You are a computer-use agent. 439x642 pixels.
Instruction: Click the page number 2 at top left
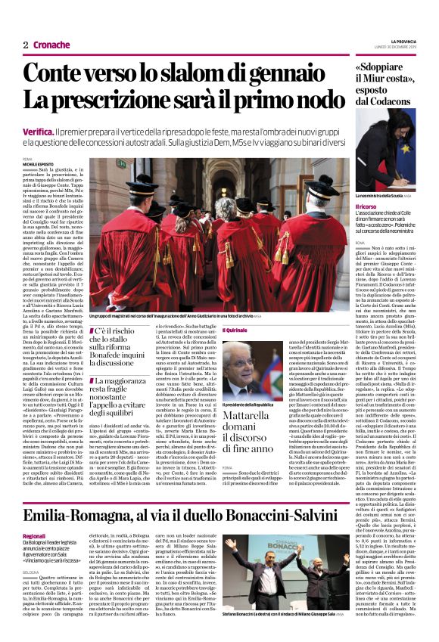pyautogui.click(x=25, y=45)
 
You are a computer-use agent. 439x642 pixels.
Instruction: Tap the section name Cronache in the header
pyautogui.click(x=51, y=45)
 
